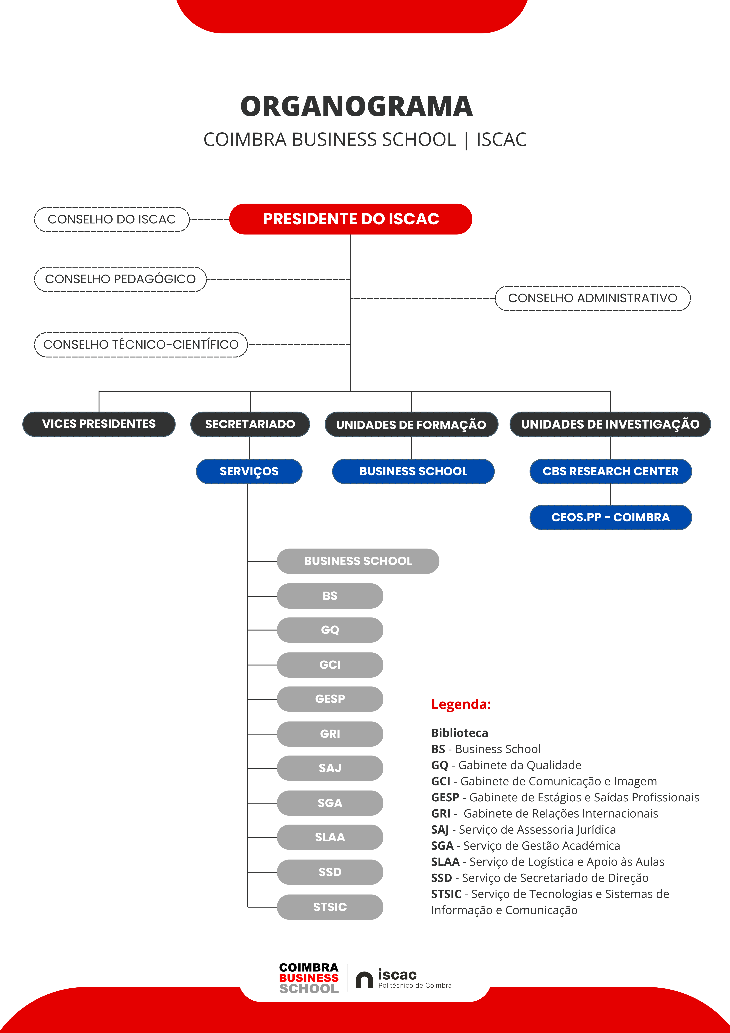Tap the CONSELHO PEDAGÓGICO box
tap(120, 279)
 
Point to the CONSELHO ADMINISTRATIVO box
tap(593, 298)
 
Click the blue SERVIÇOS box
tap(249, 471)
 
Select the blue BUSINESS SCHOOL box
tap(413, 471)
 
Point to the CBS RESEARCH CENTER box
tap(611, 471)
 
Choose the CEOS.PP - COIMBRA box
tap(611, 517)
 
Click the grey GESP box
tap(330, 699)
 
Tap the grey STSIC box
tap(330, 907)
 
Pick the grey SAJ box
tap(330, 768)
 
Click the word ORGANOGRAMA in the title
tap(357, 107)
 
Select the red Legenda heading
tap(461, 704)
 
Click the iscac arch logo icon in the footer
tap(364, 979)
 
